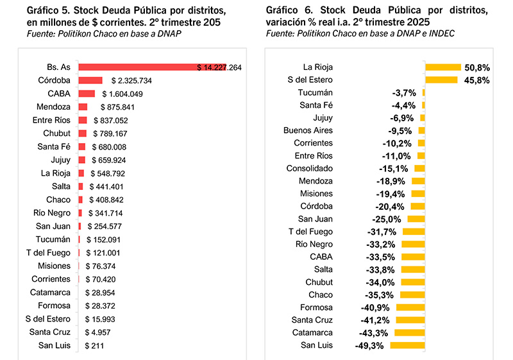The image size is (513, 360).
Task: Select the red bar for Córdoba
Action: tap(90, 80)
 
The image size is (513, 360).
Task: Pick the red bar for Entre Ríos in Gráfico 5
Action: tap(83, 120)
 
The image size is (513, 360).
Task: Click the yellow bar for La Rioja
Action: tap(442, 67)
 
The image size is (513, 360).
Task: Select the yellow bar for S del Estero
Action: tap(441, 80)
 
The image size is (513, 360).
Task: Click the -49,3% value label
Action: tap(369, 346)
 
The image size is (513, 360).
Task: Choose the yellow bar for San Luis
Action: tap(407, 346)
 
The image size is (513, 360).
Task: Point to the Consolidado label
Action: tap(310, 168)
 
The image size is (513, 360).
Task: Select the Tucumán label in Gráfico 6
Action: tap(315, 92)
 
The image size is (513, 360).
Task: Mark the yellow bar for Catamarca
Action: tap(408, 333)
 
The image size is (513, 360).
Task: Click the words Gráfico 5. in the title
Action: tap(49, 11)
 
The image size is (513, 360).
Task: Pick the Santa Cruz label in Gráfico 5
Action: tap(50, 332)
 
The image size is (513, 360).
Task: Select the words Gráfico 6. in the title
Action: tap(288, 11)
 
